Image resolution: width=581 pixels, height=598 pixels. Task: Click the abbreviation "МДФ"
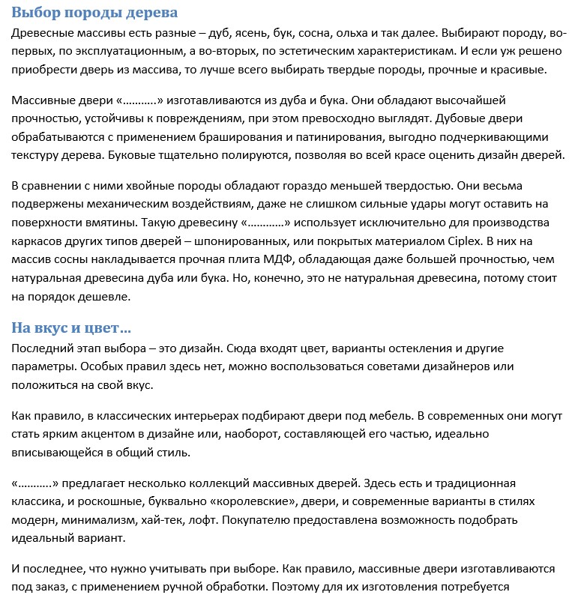pos(289,259)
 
